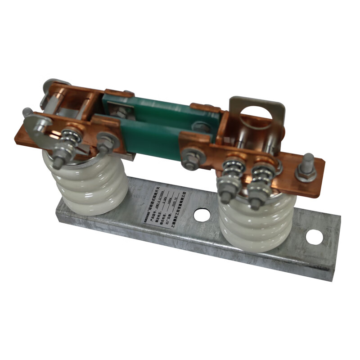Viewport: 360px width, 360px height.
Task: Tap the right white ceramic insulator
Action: click(256, 220)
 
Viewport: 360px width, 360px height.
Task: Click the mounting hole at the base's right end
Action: click(314, 237)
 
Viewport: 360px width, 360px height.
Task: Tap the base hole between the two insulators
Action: click(202, 215)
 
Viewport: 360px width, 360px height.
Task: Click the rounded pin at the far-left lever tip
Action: click(27, 111)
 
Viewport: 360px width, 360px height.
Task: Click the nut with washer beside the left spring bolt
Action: click(104, 142)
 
